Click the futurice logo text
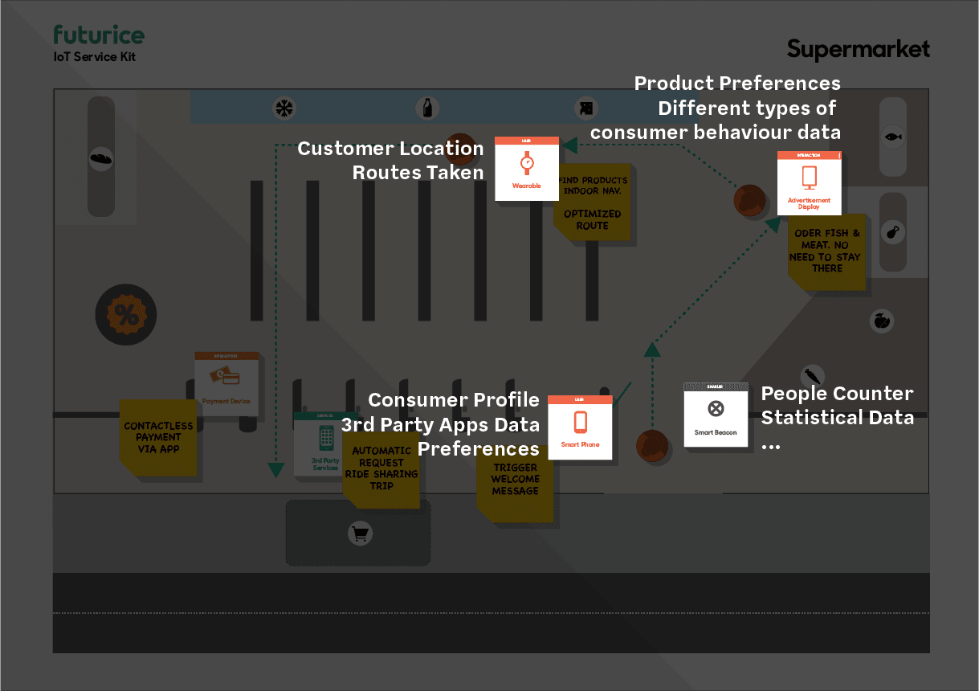[x=99, y=35]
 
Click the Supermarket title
[x=858, y=50]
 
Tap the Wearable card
[x=527, y=169]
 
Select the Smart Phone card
[x=580, y=427]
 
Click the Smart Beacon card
[x=716, y=415]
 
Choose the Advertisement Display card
[x=809, y=182]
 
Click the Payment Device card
[x=226, y=383]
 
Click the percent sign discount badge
[x=126, y=315]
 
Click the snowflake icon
[x=284, y=108]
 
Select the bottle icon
[x=427, y=108]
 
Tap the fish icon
[x=893, y=137]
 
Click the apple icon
[x=882, y=321]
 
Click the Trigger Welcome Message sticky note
[x=515, y=480]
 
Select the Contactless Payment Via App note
[x=158, y=438]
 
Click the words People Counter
[x=837, y=394]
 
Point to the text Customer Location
[x=390, y=149]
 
